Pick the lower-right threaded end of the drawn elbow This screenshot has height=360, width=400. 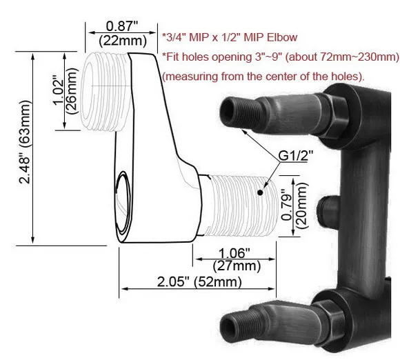tap(234, 203)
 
